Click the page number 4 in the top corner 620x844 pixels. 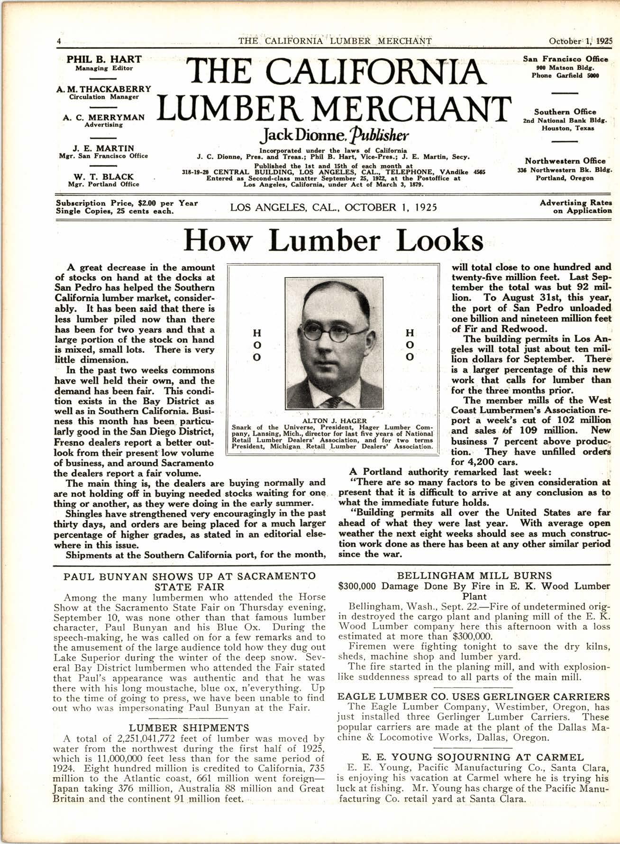[58, 41]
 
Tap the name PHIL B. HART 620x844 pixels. [104, 59]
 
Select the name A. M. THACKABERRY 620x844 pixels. [104, 89]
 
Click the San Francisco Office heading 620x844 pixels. [565, 59]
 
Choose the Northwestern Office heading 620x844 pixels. [565, 161]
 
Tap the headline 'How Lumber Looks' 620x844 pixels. [333, 241]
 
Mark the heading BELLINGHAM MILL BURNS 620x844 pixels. [474, 576]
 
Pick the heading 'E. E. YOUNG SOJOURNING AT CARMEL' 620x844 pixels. [472, 757]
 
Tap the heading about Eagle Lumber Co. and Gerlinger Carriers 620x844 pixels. [473, 696]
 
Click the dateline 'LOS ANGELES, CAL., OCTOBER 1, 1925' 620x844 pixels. [333, 207]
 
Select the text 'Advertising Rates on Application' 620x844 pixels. [575, 206]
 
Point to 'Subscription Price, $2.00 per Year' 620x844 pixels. [127, 203]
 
